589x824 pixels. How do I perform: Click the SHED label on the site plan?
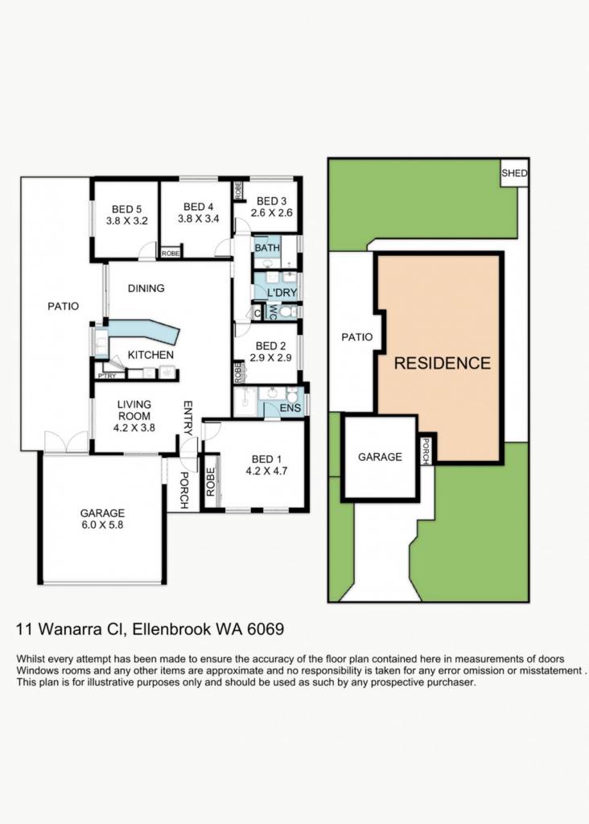(514, 172)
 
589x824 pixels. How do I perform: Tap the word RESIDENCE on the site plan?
(443, 363)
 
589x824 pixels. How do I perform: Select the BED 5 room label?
(126, 209)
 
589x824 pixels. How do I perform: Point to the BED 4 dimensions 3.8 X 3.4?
(198, 219)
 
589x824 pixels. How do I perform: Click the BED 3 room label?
(272, 200)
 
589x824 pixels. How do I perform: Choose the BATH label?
(267, 248)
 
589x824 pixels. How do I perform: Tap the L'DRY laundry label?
(282, 292)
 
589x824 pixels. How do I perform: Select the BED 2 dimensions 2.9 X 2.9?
(270, 358)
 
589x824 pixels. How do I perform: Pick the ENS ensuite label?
(290, 408)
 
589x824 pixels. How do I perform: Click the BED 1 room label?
(266, 459)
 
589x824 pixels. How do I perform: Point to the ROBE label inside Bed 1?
(211, 482)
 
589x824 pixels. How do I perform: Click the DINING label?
(146, 288)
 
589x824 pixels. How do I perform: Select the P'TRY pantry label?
(107, 376)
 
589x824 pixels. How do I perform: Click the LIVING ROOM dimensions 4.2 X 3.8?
(134, 427)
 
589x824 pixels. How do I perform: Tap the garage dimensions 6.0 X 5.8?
(102, 525)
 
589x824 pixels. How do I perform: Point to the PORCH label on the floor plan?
(184, 490)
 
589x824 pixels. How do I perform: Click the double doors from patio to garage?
(66, 442)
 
